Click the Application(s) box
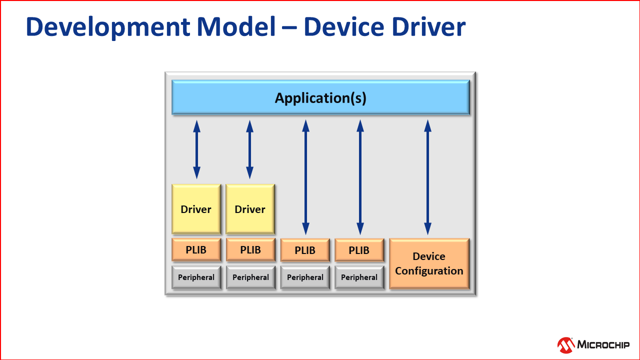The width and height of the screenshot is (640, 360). (x=320, y=98)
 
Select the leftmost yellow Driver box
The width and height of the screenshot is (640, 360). (x=196, y=209)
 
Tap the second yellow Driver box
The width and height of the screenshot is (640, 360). (x=250, y=209)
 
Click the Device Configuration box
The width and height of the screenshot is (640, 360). (x=429, y=263)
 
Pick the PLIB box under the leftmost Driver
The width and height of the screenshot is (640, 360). (x=196, y=249)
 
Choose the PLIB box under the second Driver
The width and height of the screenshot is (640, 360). (x=250, y=249)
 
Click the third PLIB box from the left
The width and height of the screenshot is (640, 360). (x=305, y=250)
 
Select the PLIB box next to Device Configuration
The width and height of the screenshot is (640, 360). (x=359, y=250)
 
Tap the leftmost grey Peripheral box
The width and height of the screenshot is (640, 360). (x=196, y=277)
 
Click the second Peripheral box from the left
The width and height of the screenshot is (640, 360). (x=250, y=277)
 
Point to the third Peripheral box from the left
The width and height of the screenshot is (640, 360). (x=305, y=277)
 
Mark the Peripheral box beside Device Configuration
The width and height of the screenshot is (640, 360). (x=359, y=277)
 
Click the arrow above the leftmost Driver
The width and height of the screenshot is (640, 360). (x=196, y=149)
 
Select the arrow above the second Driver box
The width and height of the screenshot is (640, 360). (x=249, y=149)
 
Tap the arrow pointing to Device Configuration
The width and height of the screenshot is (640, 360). (x=427, y=177)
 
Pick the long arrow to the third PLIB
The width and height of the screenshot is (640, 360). (x=305, y=177)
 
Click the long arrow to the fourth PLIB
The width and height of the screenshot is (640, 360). (x=359, y=177)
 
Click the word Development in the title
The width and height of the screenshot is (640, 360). (x=107, y=27)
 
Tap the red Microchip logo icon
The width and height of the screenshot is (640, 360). (x=566, y=344)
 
